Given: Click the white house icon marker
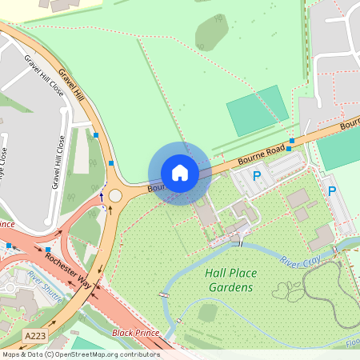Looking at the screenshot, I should [180, 172].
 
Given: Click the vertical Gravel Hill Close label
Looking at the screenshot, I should [58, 162].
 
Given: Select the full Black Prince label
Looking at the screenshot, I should [135, 332].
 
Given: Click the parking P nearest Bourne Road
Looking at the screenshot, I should [257, 175].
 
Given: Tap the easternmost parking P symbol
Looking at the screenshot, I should [332, 191].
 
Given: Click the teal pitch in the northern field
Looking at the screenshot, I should [258, 110].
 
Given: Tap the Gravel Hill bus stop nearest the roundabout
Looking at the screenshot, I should [110, 163].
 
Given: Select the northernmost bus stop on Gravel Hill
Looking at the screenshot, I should [97, 135].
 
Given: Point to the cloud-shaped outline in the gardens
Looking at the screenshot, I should [293, 292].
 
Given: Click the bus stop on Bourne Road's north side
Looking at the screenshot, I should [291, 141].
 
